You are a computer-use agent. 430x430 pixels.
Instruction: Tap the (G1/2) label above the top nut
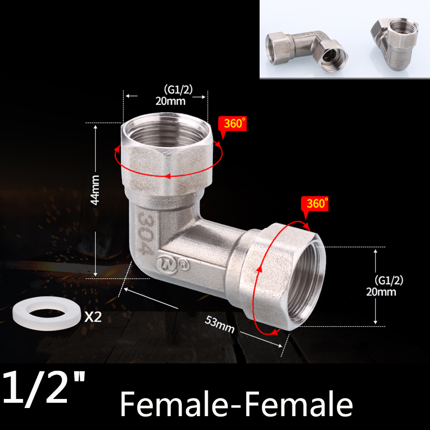point(177,89)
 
